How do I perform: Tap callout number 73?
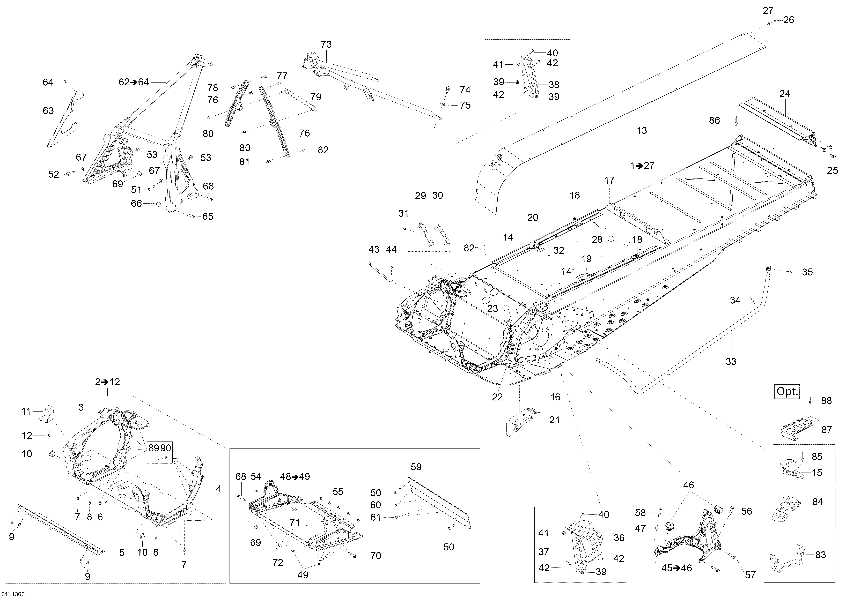click(x=326, y=44)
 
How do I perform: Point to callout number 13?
click(x=642, y=130)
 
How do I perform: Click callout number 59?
click(x=416, y=467)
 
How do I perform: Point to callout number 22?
click(x=497, y=397)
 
